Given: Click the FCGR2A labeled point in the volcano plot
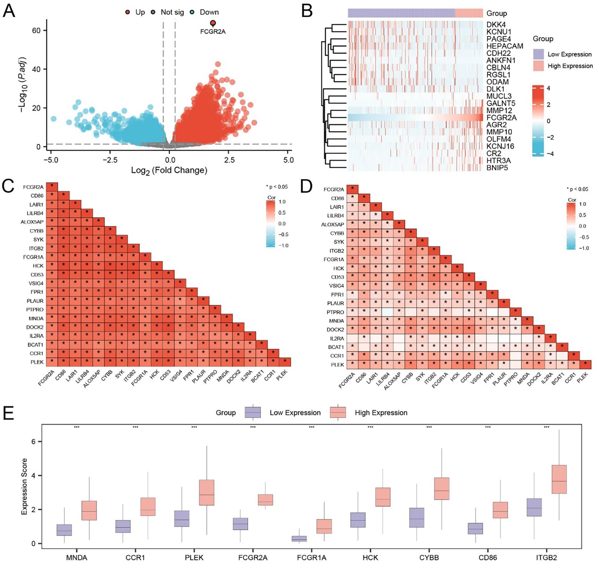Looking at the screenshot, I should click(213, 23).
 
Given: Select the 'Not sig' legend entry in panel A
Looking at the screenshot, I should click(172, 12).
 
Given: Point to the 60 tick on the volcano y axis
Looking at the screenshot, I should click(36, 30).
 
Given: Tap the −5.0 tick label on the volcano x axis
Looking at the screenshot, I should click(51, 160).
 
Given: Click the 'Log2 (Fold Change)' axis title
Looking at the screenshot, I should click(169, 170).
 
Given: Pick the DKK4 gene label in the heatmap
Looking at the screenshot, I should click(496, 25).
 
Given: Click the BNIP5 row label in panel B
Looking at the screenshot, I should click(497, 168).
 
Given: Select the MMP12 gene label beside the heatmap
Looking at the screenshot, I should click(499, 110).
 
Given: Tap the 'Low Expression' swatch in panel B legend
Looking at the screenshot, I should click(538, 54).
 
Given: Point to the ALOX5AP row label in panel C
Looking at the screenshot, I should click(32, 222).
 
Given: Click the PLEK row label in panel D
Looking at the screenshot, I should click(337, 365).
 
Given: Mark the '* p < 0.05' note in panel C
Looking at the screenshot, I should click(277, 187).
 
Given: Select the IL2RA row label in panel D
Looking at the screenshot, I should click(337, 338).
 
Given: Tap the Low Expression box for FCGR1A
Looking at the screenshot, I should click(299, 538).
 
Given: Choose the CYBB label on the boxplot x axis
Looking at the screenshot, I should click(429, 557).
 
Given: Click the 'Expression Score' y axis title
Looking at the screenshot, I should click(24, 486).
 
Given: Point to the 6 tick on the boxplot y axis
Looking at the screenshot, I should click(34, 442).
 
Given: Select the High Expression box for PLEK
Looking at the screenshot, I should click(206, 492).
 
